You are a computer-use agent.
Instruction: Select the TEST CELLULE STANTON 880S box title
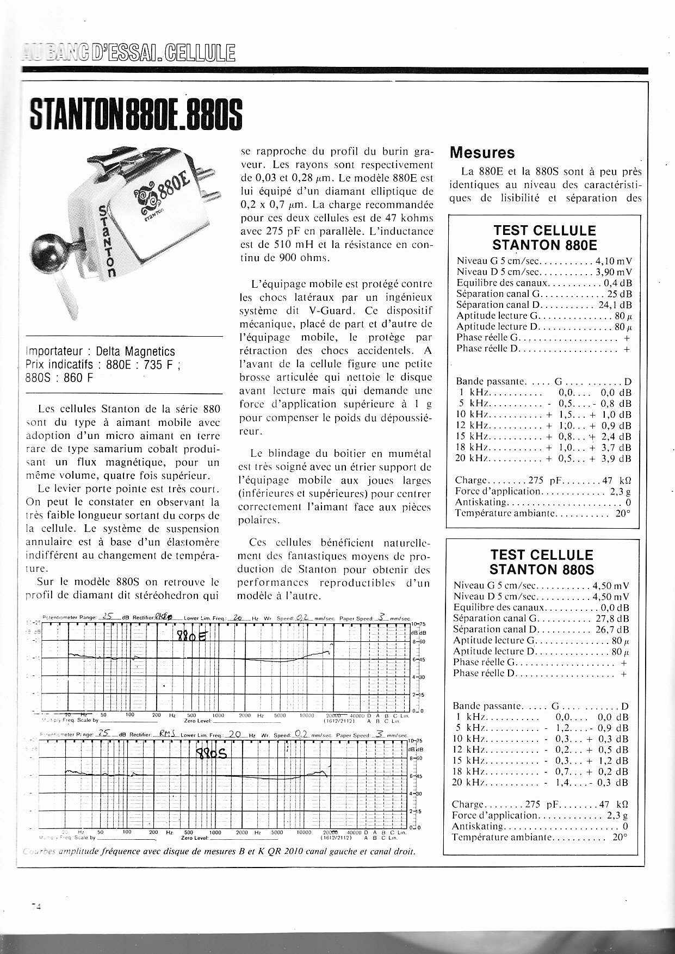[x=542, y=562]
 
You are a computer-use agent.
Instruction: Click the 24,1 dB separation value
[x=615, y=305]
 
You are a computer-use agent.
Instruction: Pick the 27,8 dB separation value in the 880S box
[x=611, y=618]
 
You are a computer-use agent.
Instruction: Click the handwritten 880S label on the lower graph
[x=210, y=755]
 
